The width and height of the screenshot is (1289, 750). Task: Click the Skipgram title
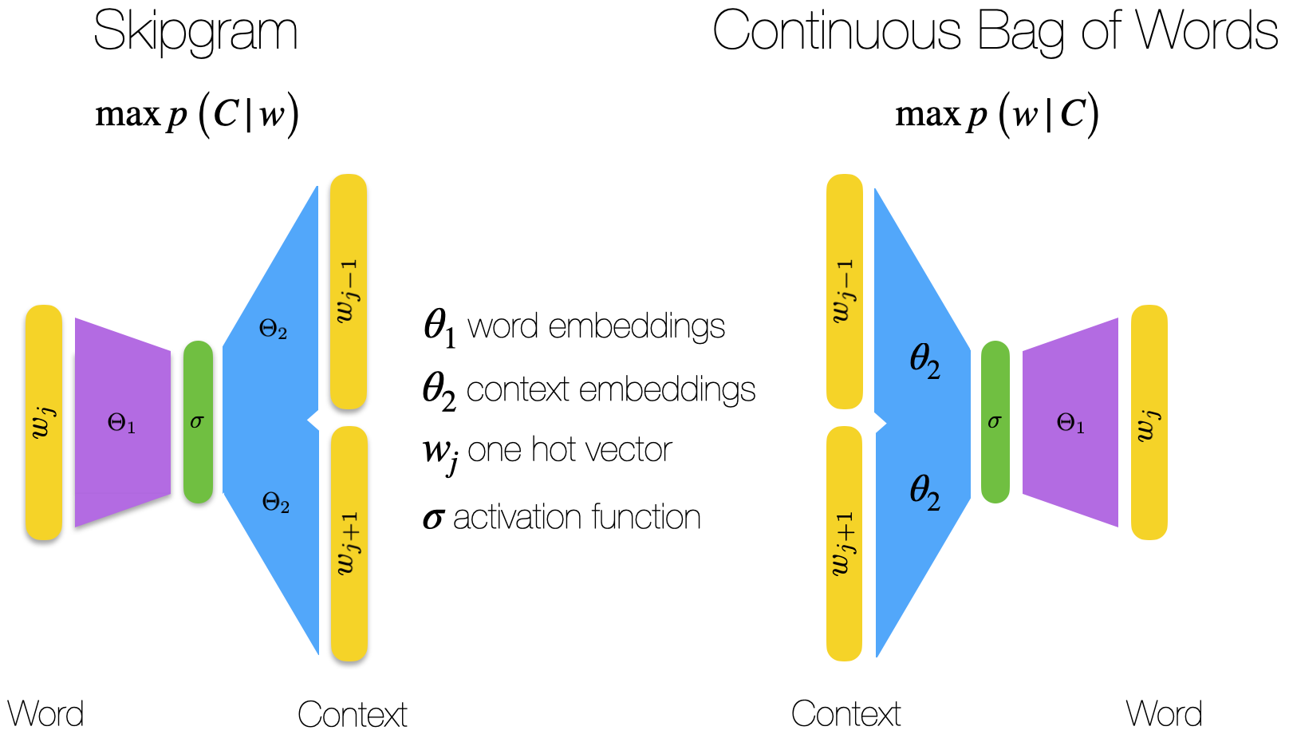(195, 32)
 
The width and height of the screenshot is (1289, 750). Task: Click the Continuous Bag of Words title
(995, 32)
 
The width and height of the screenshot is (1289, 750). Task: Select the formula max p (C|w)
(197, 115)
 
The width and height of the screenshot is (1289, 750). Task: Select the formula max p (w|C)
(997, 115)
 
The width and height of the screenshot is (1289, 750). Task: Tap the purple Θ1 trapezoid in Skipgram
(122, 423)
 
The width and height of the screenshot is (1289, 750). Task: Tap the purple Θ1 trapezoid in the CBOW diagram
(1070, 423)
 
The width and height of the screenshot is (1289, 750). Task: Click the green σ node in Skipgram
(198, 422)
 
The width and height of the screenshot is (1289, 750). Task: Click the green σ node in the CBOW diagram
(995, 422)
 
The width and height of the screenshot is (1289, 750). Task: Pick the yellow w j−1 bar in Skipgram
(349, 291)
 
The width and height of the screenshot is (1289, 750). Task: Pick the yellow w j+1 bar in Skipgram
(349, 543)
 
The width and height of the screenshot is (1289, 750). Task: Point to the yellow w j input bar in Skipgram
(44, 422)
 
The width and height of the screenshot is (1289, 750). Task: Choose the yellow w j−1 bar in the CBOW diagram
(844, 291)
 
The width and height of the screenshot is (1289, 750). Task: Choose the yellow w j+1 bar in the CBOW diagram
(844, 543)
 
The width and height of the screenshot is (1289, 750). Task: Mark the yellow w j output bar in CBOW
(1149, 422)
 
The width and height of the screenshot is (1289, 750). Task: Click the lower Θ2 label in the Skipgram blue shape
(275, 503)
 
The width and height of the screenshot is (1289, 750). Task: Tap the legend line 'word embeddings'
(574, 327)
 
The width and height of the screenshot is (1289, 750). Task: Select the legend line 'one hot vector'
(548, 452)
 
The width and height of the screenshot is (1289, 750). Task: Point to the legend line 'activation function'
(562, 518)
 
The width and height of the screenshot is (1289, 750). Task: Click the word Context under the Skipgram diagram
(352, 714)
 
